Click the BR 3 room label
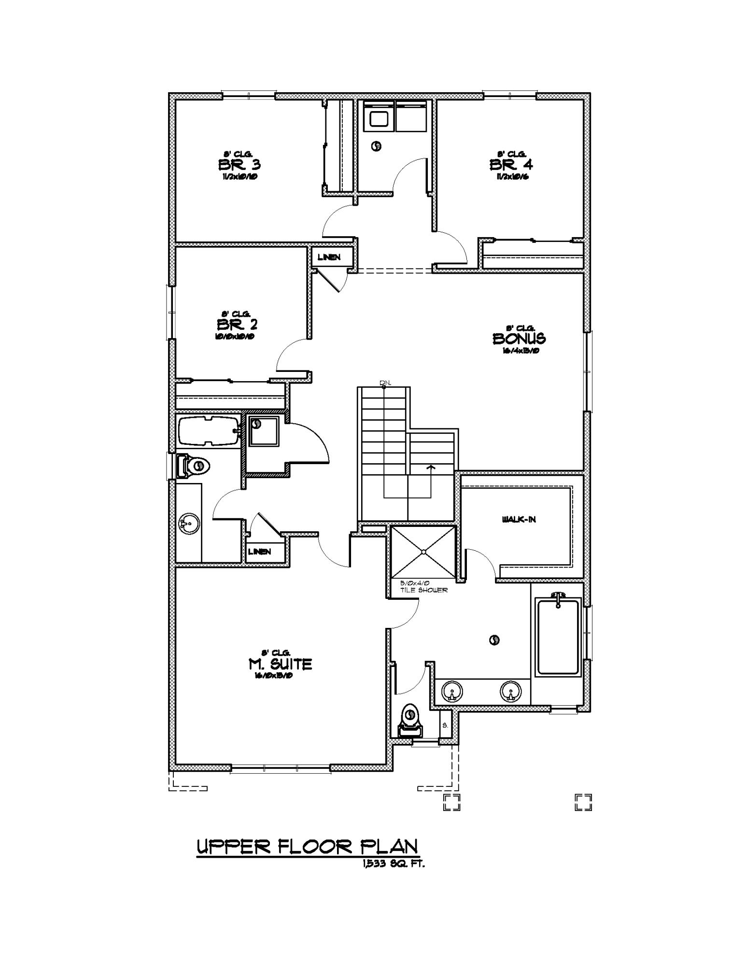[x=239, y=165]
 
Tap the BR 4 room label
[x=511, y=165]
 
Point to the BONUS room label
[x=519, y=339]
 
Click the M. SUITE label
[x=280, y=665]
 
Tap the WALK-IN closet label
[x=519, y=520]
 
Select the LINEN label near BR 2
[x=329, y=257]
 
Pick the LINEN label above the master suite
[x=259, y=552]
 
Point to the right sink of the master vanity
[x=510, y=691]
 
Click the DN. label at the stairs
[x=385, y=383]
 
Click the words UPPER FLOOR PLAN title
[x=307, y=847]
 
